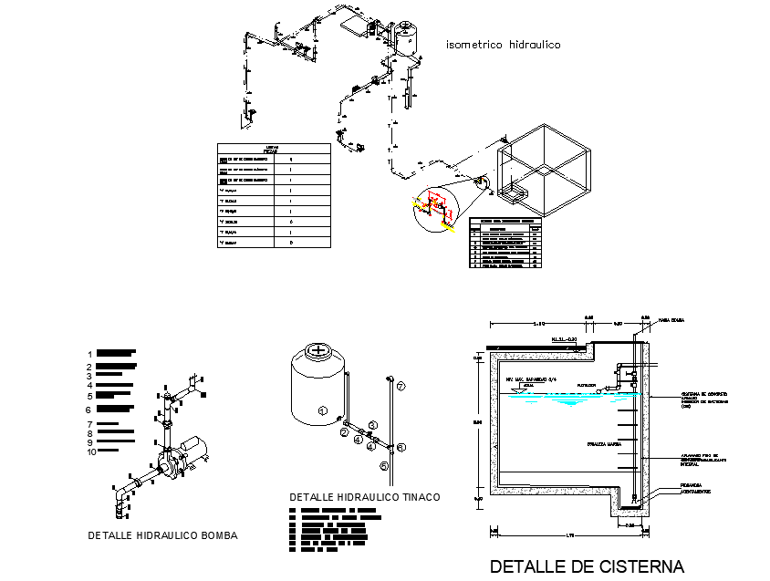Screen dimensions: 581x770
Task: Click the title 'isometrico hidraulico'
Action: click(502, 44)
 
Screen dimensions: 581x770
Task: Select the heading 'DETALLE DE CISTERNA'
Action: click(587, 565)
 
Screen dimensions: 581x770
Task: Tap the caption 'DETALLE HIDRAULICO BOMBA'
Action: click(162, 535)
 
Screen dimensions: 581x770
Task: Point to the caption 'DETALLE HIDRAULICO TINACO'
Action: click(364, 497)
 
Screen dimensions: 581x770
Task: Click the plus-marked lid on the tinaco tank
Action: click(317, 349)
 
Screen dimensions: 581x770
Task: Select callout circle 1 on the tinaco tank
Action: click(321, 411)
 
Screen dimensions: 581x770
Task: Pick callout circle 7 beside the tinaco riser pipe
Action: click(401, 387)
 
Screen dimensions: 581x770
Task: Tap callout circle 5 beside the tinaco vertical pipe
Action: click(384, 466)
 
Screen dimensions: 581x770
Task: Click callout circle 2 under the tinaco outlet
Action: click(344, 433)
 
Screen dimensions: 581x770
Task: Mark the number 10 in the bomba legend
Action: click(91, 451)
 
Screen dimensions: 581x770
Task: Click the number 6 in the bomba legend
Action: click(90, 410)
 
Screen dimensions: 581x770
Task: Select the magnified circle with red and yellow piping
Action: click(432, 206)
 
